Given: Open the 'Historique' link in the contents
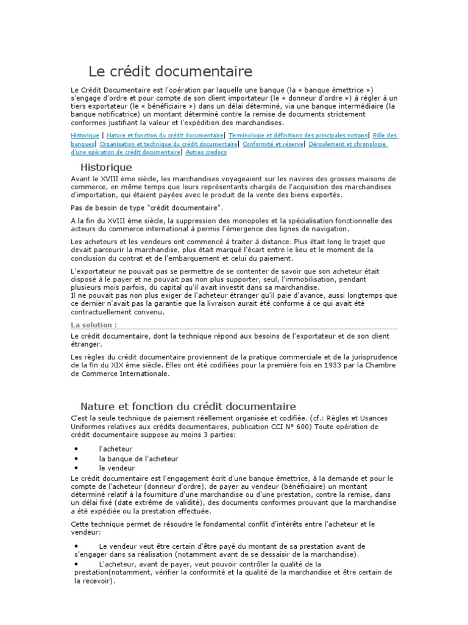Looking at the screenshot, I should (85, 135).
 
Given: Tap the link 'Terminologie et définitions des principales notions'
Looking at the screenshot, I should (298, 135).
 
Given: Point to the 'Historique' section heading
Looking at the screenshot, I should (106, 167).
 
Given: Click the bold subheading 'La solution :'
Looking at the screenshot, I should (94, 325).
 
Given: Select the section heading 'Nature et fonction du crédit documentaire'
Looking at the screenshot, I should (188, 406).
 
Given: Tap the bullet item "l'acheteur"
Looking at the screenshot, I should (115, 449).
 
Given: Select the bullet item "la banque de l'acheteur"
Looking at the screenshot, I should (138, 458).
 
